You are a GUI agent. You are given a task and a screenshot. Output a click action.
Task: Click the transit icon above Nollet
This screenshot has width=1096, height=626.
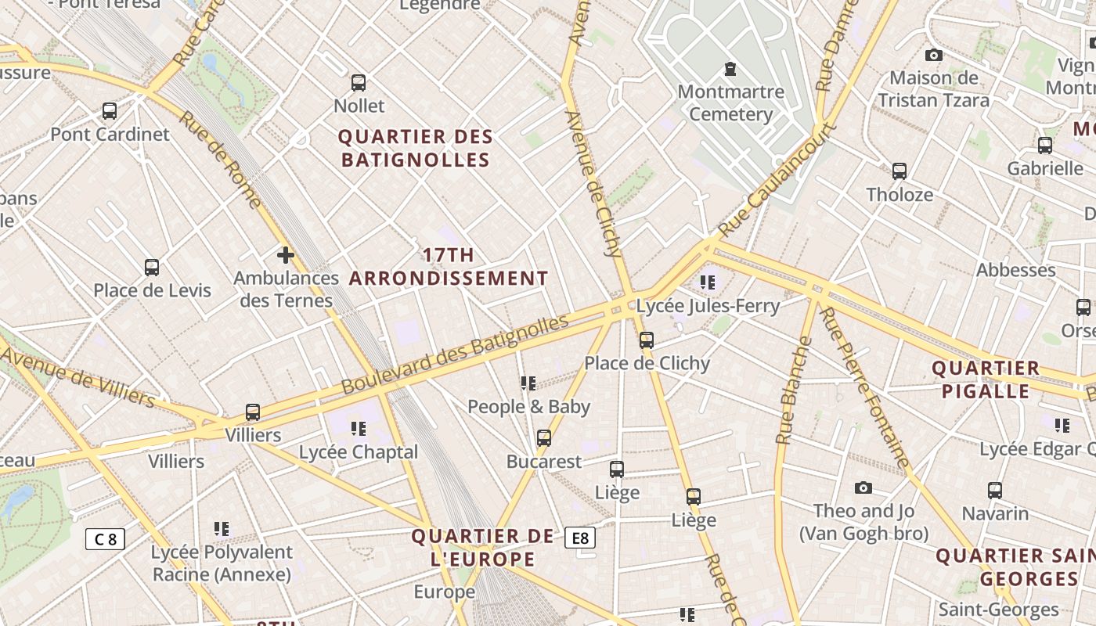coord(359,82)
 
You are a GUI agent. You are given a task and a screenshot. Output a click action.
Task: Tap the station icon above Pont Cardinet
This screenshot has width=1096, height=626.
coord(110,111)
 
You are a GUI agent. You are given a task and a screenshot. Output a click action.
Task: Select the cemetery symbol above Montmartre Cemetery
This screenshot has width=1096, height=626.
coord(730,69)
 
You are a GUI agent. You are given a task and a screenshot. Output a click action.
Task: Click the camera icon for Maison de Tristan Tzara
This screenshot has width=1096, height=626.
coord(933,55)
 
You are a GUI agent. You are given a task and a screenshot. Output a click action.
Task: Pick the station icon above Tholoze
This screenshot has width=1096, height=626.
coord(900,171)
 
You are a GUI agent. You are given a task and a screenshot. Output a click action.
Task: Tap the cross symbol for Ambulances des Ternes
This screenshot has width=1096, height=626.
coord(286,254)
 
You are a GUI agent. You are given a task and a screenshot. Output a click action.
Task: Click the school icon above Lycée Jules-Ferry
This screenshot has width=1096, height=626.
coord(708,282)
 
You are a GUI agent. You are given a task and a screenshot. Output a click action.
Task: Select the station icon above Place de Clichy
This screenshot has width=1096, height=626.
coord(647,340)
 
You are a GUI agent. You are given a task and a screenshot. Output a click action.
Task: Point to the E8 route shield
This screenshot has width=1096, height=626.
coord(579,538)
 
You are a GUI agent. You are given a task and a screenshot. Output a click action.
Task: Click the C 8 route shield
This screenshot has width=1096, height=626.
coord(105,538)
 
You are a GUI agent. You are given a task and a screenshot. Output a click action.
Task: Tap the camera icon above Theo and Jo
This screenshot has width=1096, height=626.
coord(863,487)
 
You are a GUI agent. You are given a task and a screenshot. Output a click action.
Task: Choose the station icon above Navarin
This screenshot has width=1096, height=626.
coord(995,490)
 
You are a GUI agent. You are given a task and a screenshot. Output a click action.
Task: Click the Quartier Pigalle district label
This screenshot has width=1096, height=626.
coord(986,380)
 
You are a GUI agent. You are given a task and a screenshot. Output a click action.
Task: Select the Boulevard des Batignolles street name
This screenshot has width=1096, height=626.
coord(455,354)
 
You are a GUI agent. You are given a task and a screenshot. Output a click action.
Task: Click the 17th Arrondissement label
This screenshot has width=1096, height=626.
coord(449,267)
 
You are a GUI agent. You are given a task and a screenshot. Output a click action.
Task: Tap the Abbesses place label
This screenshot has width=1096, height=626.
coord(1015,270)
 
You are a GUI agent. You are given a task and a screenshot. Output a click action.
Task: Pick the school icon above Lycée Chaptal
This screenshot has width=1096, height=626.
coord(359,428)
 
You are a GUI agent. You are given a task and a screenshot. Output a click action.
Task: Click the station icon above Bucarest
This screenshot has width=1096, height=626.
coord(544,437)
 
